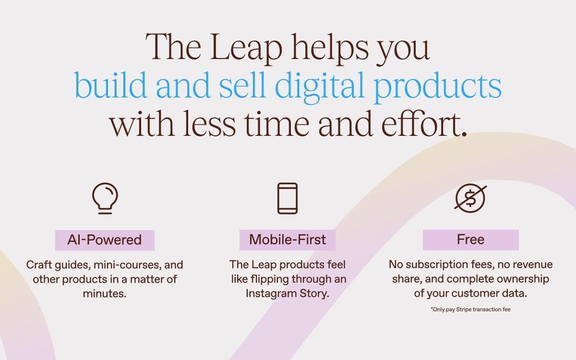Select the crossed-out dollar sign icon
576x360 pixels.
[x=470, y=198]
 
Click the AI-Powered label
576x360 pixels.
[x=105, y=240]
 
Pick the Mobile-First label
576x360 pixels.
[x=288, y=240]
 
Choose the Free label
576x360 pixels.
[x=471, y=240]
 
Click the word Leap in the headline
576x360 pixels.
[x=246, y=48]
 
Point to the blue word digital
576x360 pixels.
[x=320, y=85]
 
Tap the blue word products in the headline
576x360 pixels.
[x=438, y=85]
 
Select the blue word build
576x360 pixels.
[x=110, y=85]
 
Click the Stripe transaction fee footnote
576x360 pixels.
[x=470, y=309]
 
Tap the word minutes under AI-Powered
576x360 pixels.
[x=105, y=294]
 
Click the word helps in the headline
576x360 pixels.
[x=330, y=48]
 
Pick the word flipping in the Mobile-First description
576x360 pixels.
[x=269, y=279]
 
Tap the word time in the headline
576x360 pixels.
[x=276, y=124]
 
